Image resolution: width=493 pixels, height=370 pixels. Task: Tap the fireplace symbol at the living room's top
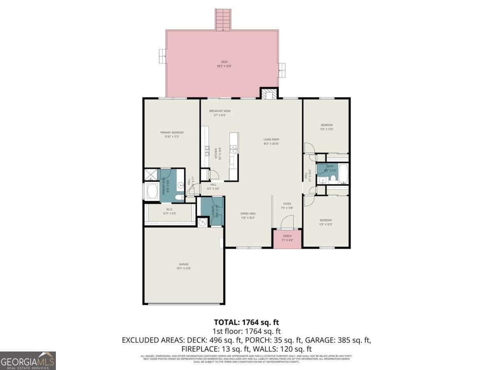pos(269,95)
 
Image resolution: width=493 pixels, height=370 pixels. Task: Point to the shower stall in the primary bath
pos(150,175)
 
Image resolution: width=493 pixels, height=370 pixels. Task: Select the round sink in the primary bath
pos(180,186)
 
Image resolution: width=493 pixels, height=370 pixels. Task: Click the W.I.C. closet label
pos(169,211)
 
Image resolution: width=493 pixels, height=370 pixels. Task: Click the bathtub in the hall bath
pos(343,173)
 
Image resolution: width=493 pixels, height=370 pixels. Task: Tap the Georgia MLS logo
pos(28,361)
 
